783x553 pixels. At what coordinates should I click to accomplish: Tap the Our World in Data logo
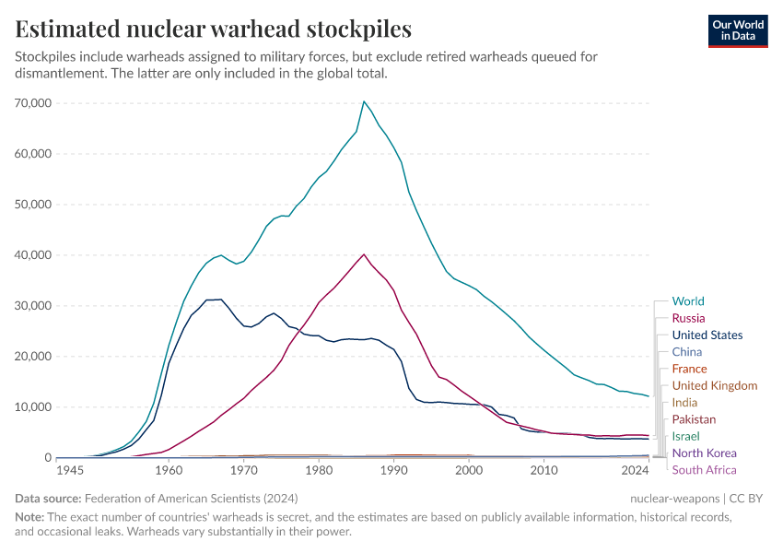738,29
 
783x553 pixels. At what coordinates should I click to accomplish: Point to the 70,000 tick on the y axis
34,103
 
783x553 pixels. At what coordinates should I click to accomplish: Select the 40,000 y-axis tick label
34,255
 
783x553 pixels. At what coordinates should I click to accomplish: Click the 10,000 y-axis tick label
34,407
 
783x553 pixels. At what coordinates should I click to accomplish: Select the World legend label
688,301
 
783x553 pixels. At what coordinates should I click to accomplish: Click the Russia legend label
689,318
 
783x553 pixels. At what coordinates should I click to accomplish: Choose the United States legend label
707,335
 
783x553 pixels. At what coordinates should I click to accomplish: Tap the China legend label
687,352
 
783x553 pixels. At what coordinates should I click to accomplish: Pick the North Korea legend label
705,453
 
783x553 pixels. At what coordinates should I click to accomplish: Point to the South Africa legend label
705,470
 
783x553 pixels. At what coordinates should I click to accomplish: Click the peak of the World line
364,101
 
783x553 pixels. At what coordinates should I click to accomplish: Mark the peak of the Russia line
364,254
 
